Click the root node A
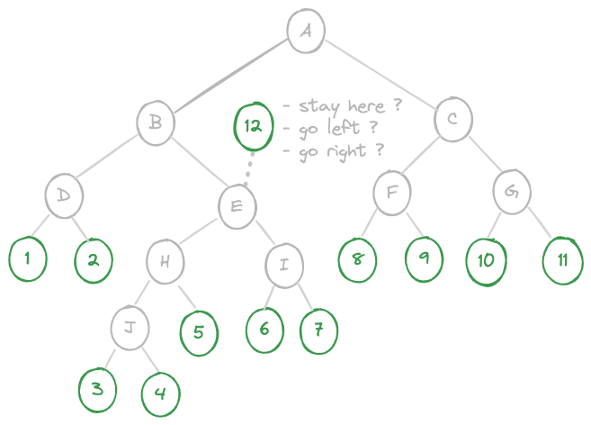306,31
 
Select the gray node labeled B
156,122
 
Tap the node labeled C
452,119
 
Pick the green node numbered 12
253,126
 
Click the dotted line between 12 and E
249,168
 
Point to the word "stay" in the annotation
318,107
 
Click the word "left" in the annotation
344,127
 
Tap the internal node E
237,206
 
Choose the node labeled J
130,328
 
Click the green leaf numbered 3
97,390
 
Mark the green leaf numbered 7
318,331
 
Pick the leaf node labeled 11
563,260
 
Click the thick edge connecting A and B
230,76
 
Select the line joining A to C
380,74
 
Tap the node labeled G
512,192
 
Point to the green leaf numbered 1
28,259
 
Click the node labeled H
166,261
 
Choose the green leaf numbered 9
424,259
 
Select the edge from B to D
105,157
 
